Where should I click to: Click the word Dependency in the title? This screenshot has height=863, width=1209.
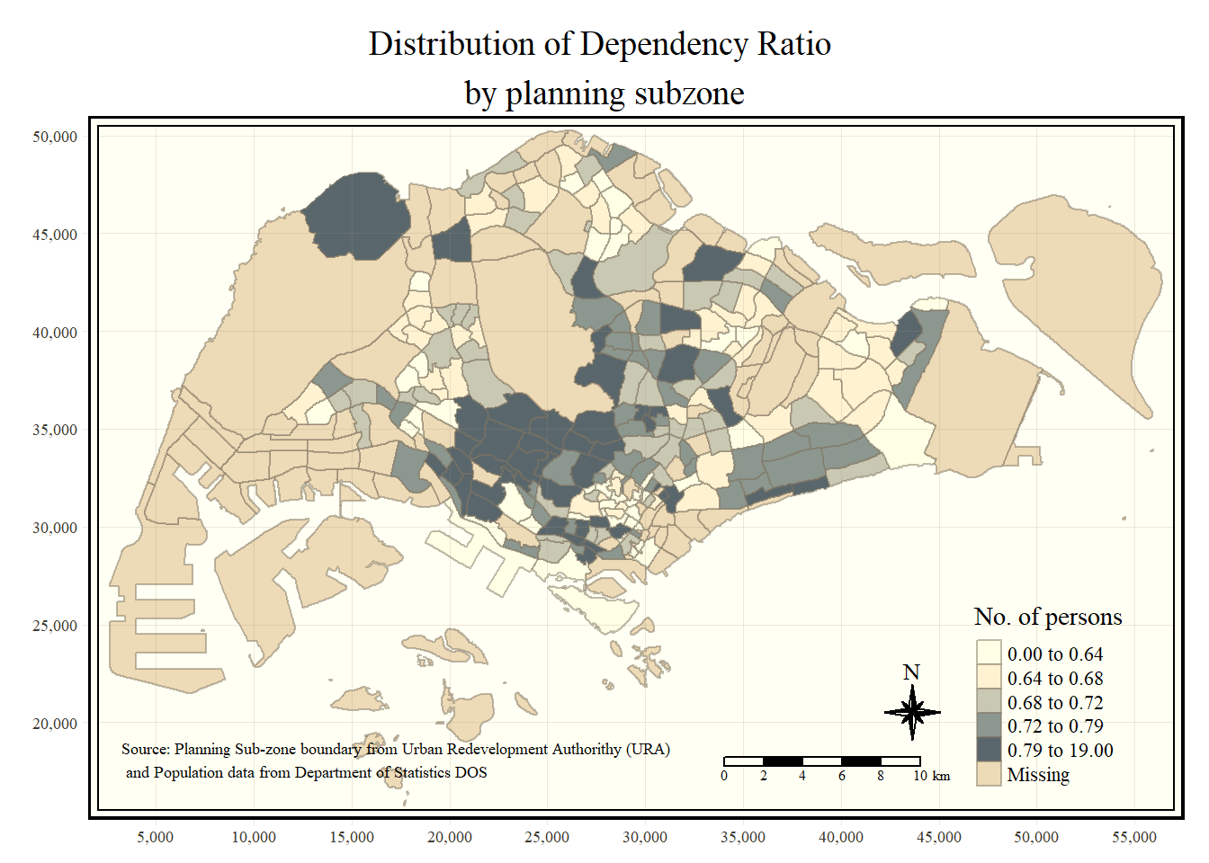click(x=664, y=44)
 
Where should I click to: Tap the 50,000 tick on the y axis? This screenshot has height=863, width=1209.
click(x=55, y=137)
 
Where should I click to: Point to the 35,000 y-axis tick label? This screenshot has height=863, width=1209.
click(x=55, y=430)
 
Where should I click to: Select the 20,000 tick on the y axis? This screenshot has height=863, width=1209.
click(x=55, y=724)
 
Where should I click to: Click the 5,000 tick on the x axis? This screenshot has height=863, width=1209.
click(x=156, y=837)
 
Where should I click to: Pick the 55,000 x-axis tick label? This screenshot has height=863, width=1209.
click(x=1133, y=837)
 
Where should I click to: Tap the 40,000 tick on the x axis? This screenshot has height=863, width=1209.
click(x=840, y=837)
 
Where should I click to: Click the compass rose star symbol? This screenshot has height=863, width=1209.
click(x=912, y=712)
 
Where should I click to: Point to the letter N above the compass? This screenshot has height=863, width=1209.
click(x=911, y=672)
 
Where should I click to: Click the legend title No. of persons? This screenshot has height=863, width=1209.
click(x=1048, y=617)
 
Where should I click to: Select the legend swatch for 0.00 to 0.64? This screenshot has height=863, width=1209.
click(x=989, y=654)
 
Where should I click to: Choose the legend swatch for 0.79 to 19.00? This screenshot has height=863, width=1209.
click(x=989, y=750)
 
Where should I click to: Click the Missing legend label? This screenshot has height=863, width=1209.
click(x=1038, y=775)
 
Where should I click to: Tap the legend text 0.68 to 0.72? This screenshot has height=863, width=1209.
click(x=1054, y=703)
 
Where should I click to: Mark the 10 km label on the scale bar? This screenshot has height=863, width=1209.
click(x=931, y=776)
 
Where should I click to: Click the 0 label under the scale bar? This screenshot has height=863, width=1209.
click(x=724, y=776)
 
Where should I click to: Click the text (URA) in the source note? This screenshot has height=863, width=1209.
click(x=649, y=749)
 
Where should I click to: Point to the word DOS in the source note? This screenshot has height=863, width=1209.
click(x=470, y=772)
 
